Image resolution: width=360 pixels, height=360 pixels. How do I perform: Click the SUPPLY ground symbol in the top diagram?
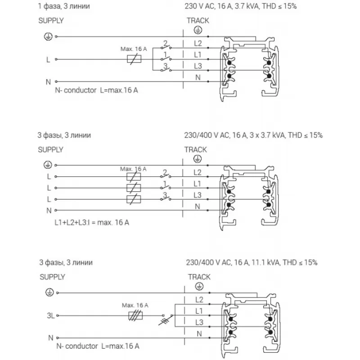[x=46, y=36]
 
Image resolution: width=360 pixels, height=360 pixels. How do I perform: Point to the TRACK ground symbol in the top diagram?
[x=197, y=29]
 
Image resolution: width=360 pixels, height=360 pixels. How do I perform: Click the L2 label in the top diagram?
[x=198, y=44]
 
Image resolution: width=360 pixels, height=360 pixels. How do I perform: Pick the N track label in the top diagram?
[x=198, y=77]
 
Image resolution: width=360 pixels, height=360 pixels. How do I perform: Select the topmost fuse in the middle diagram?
[x=133, y=176]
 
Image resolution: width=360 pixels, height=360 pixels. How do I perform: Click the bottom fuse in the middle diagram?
[x=133, y=199]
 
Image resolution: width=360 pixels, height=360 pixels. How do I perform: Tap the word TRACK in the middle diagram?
[x=195, y=149]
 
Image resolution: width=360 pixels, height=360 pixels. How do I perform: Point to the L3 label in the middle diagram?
[x=197, y=195]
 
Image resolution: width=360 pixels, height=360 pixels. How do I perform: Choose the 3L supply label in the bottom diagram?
[x=50, y=316]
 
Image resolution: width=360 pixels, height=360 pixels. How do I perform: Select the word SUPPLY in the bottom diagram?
[x=52, y=277]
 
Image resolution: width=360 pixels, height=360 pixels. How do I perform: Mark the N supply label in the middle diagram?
[x=49, y=210]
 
